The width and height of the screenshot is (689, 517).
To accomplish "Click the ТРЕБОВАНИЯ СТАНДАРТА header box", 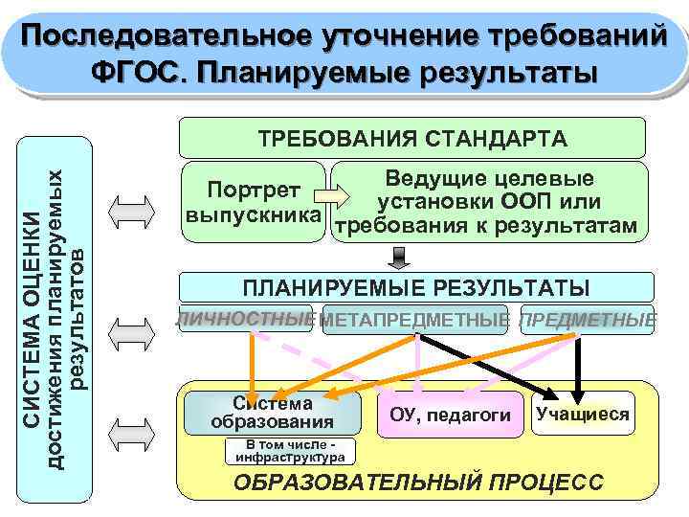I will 413,138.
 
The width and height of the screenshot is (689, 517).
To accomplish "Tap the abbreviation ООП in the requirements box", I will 527,202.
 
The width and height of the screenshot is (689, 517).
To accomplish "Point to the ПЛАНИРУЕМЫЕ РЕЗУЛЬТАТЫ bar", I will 416,288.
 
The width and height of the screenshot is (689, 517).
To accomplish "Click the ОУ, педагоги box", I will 451,415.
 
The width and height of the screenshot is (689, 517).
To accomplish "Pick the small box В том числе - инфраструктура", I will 290,451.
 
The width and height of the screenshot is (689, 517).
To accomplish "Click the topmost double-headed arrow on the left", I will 130,208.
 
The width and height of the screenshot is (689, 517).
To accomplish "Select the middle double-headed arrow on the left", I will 130,330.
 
